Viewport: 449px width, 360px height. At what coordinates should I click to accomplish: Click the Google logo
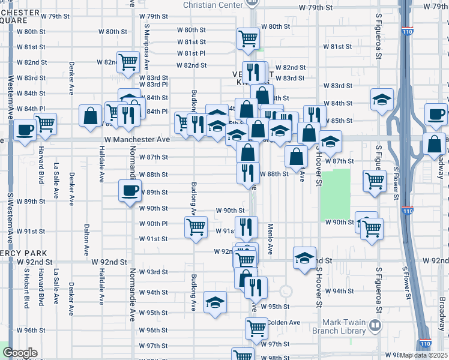[20, 353]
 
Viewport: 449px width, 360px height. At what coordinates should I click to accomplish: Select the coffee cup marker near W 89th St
[130, 192]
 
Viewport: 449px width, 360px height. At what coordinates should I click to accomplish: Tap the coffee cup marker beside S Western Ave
[25, 130]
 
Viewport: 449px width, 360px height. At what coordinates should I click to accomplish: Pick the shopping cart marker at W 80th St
[248, 38]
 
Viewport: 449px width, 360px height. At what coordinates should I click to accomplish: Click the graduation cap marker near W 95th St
[215, 302]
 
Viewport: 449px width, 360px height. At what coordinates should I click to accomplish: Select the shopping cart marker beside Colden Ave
[256, 328]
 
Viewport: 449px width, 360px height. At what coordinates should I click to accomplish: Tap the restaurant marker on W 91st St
[246, 227]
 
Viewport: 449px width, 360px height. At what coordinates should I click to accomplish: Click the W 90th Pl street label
[153, 223]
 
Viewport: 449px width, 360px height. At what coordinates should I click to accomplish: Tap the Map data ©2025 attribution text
[423, 355]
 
